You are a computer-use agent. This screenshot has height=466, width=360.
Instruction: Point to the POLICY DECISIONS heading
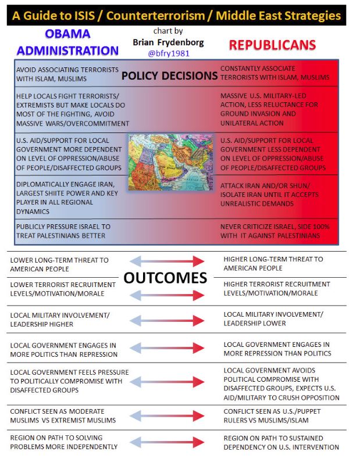(x=169, y=75)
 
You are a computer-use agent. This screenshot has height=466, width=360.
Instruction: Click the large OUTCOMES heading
(x=165, y=278)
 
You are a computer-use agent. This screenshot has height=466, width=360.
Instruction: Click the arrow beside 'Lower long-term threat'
(x=167, y=261)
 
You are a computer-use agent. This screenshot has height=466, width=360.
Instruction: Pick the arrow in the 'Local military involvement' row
(x=167, y=318)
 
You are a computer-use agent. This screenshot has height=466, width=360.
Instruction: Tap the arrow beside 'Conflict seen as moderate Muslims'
(x=167, y=415)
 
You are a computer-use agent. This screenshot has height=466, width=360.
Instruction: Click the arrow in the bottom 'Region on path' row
(x=167, y=442)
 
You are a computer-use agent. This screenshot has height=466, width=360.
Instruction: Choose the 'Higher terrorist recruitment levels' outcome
(x=277, y=289)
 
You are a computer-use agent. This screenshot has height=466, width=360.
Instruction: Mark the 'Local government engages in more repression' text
(x=277, y=349)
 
